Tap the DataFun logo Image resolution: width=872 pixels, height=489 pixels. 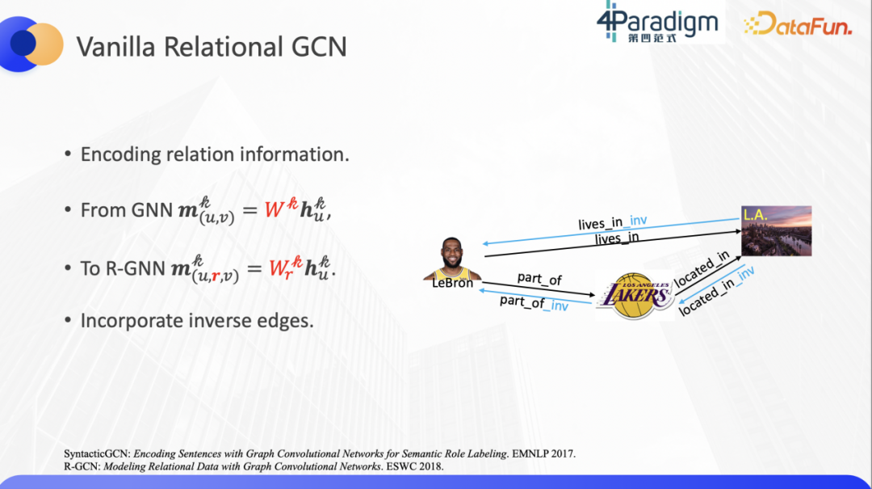click(x=798, y=23)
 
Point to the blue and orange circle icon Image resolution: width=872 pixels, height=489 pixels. click(x=31, y=44)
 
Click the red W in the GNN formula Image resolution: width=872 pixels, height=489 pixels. click(x=275, y=210)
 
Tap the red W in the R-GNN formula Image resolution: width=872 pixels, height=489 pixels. click(x=278, y=268)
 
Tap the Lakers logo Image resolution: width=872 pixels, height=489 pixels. click(x=635, y=296)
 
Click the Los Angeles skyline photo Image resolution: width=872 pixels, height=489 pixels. click(x=777, y=230)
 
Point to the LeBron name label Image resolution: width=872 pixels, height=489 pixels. click(x=452, y=283)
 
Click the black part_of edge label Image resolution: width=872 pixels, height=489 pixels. click(x=539, y=279)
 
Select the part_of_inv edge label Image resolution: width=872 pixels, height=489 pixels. click(x=534, y=303)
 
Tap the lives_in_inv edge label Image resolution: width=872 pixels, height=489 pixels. click(x=612, y=222)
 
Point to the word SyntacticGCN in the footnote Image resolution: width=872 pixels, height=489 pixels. click(x=97, y=454)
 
